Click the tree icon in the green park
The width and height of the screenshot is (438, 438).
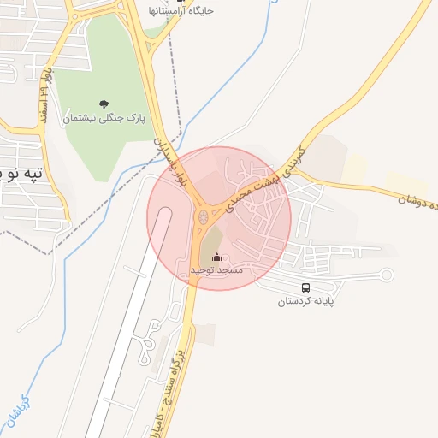pos(104,105)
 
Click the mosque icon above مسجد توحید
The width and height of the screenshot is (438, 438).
pos(216,257)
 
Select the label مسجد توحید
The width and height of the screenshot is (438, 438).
pos(216,269)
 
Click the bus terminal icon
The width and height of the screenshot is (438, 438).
pos(306,287)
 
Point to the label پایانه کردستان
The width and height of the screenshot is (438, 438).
pos(306,301)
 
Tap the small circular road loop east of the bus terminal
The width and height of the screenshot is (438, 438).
pos(386,275)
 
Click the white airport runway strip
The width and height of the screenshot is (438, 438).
pos(128,342)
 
